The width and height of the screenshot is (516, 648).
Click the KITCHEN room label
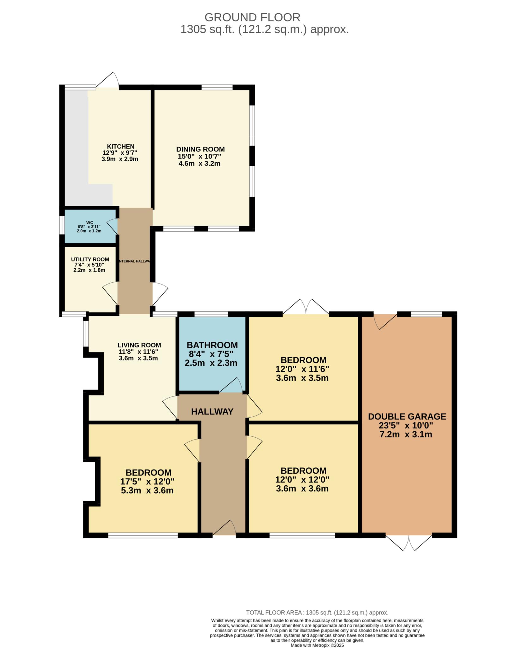[x=120, y=146]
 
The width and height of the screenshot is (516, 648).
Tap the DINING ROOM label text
[x=200, y=149]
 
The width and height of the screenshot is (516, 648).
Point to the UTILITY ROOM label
[x=90, y=259]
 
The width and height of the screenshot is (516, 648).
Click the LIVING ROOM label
[x=139, y=345]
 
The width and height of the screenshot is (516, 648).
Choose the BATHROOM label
[x=212, y=345]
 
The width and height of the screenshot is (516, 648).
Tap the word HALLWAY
[x=212, y=412]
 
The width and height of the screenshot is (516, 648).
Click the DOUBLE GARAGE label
[x=407, y=416]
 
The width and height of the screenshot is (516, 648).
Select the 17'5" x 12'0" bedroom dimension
[x=147, y=482]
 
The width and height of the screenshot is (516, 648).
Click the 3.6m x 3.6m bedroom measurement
[x=302, y=489]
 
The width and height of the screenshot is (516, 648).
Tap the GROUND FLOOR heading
[x=252, y=17]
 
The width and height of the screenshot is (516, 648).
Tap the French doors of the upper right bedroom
[x=306, y=306]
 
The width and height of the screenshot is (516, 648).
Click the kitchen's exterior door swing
[x=107, y=80]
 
